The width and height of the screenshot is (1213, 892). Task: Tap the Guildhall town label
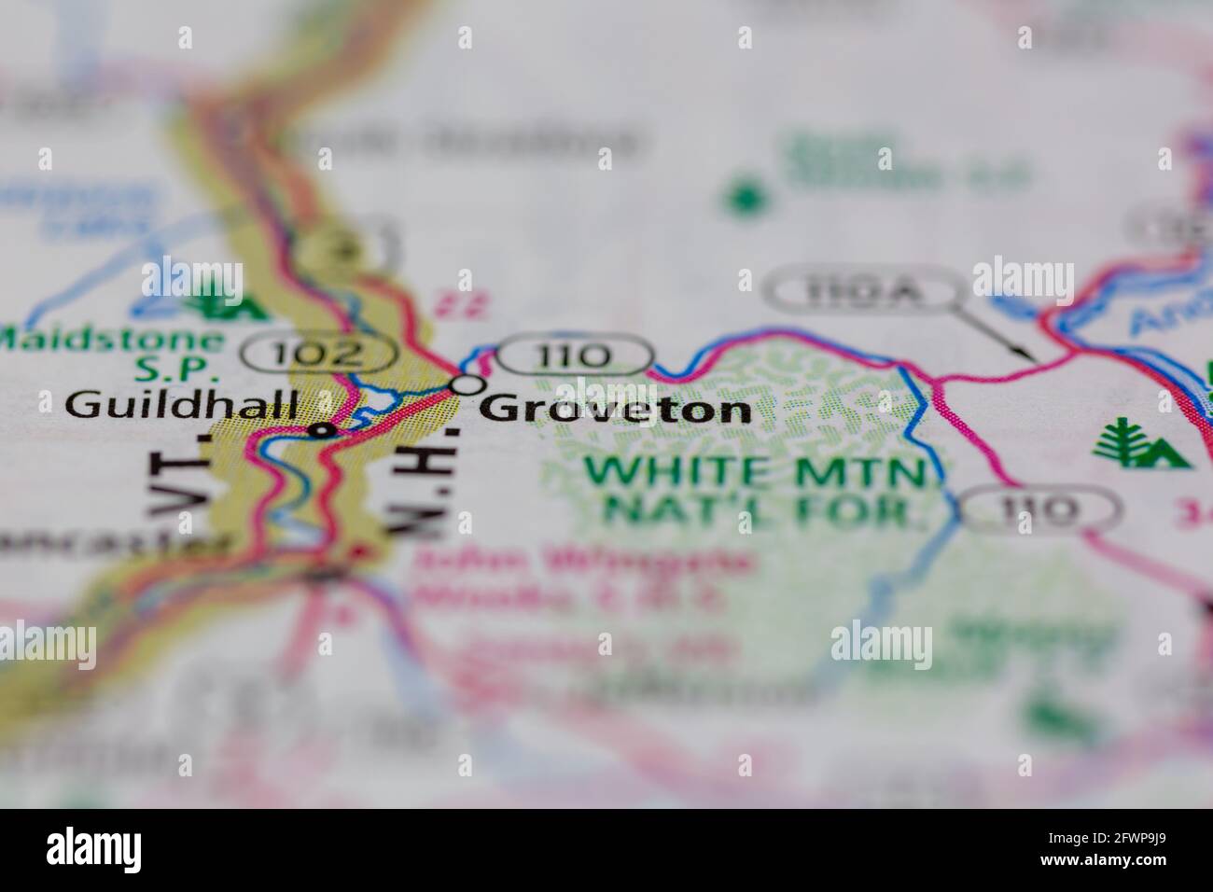[184, 404]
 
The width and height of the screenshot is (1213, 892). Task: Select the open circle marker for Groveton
[468, 384]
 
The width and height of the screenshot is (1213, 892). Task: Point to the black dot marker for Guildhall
[323, 430]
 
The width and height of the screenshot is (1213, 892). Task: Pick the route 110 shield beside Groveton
[574, 355]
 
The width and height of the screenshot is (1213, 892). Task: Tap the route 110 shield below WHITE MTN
[1033, 509]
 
